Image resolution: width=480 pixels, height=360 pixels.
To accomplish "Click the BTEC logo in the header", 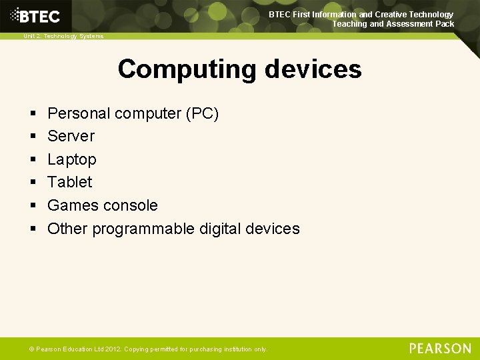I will tap(35, 16).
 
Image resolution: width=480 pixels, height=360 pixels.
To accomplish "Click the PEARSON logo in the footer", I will tap(440, 348).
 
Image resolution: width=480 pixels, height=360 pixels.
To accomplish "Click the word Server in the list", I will tap(71, 136).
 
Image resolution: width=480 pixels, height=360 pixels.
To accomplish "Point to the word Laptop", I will tap(72, 159).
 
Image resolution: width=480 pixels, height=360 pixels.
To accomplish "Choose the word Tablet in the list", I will tap(70, 182).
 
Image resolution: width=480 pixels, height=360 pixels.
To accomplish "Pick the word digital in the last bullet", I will tap(221, 229).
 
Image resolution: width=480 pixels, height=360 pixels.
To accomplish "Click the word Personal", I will tap(79, 113).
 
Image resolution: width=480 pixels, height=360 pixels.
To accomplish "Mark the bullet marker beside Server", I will tap(33, 137).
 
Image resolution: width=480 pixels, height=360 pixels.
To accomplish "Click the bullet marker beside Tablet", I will tap(33, 183).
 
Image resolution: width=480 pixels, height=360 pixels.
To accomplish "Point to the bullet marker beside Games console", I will tap(33, 206).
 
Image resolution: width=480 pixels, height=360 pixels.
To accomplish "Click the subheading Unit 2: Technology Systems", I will tap(63, 36).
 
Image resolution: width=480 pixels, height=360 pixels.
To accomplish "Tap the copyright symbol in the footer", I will tap(31, 349).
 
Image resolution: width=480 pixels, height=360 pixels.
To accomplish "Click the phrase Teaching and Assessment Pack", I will tap(393, 24).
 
